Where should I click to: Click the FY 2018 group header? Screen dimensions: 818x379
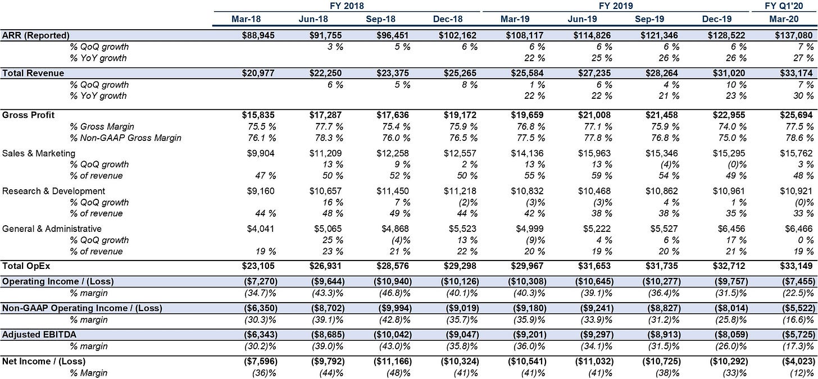347,6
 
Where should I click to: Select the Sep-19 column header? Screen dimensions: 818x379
649,19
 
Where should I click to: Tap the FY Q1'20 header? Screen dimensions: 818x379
783,6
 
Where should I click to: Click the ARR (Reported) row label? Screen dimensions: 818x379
36,35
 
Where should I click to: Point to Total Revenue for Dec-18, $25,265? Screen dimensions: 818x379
460,73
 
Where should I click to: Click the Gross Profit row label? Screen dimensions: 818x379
28,115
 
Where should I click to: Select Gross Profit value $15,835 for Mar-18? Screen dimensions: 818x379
258,115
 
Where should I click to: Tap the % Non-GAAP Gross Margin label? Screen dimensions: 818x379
126,138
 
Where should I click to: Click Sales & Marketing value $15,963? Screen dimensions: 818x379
594,153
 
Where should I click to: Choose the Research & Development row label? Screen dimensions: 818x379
53,191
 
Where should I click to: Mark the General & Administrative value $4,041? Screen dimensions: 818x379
260,229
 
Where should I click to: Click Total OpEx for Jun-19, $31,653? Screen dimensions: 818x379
594,266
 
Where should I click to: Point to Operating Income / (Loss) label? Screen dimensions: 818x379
58,281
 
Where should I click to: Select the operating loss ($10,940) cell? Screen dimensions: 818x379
393,281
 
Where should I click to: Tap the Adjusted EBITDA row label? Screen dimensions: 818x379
39,335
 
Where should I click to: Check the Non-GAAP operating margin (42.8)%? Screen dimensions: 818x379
394,319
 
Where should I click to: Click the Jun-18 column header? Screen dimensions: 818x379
313,19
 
